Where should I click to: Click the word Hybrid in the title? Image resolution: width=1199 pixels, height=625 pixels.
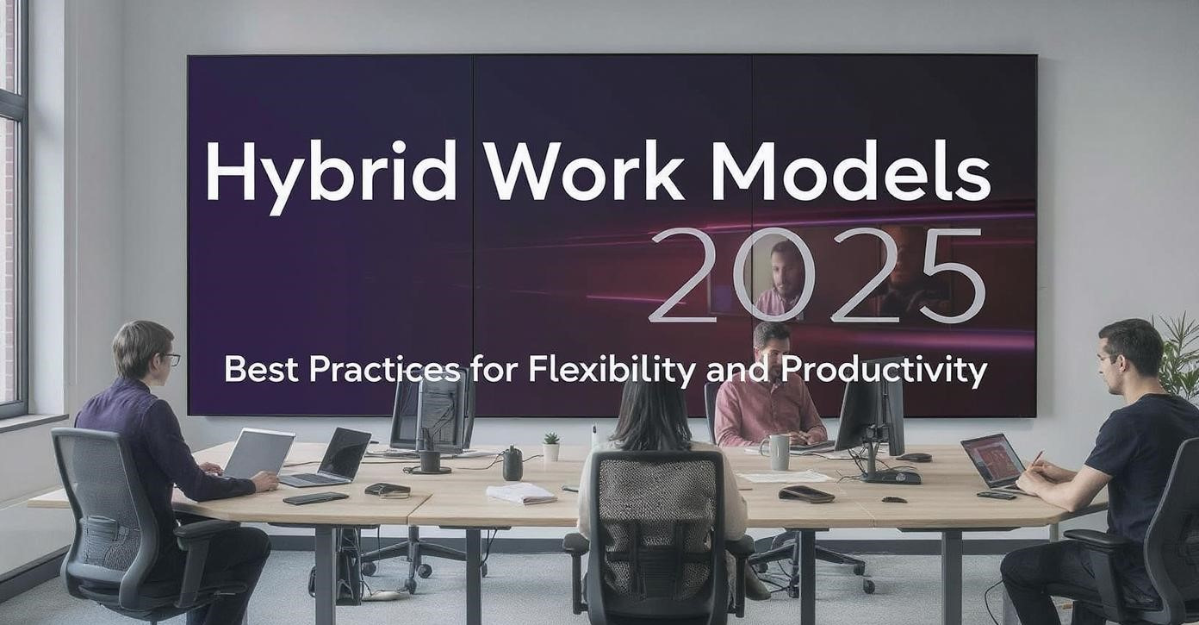331,175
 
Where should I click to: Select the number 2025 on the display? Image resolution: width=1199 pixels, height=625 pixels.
817,276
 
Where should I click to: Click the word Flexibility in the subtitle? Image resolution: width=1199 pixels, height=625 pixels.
613,371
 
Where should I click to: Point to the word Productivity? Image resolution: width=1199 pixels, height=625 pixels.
883,371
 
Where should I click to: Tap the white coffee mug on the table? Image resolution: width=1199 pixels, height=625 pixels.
777,452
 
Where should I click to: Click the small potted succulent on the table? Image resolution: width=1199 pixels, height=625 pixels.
550,447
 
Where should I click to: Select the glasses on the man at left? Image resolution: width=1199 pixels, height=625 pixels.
171,359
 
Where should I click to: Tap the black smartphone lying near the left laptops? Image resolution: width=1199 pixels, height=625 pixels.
315,498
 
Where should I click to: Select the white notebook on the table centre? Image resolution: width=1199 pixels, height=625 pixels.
521,493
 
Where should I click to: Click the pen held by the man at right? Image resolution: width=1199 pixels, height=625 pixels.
1036,459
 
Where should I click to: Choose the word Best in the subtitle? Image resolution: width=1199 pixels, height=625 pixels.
261,370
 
